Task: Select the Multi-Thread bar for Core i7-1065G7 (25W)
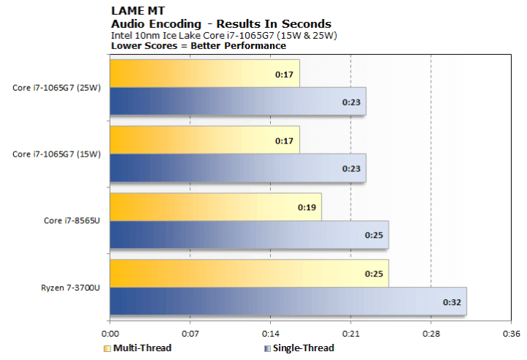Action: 204,73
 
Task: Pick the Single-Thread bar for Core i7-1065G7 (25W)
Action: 237,101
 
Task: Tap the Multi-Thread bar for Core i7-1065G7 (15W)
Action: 204,140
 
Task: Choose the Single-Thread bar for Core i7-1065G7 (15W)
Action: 237,168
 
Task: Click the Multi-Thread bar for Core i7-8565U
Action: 215,207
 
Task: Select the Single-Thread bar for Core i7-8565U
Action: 249,235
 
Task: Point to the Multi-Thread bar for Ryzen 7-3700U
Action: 249,273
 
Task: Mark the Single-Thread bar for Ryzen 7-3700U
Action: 288,301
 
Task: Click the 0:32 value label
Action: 452,301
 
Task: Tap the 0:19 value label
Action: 306,208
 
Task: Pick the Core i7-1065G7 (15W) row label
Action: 56,154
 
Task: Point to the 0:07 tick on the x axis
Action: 190,331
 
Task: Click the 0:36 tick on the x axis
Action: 510,331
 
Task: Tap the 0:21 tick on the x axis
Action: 350,331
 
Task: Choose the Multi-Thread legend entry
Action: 142,348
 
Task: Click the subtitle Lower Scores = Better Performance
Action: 198,45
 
